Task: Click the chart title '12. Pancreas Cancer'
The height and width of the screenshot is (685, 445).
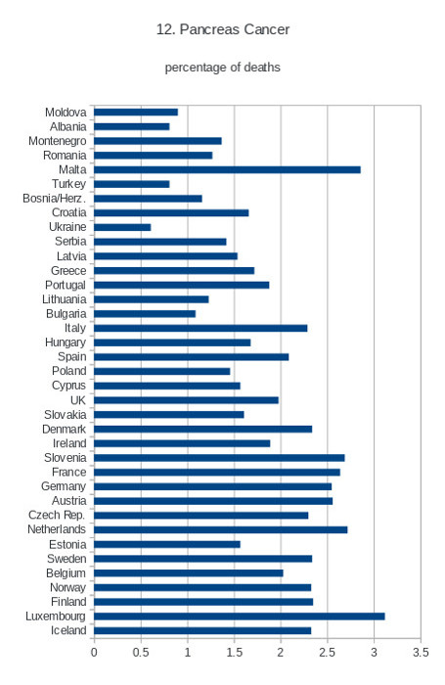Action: coord(223,29)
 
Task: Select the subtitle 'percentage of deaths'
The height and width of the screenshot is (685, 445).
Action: coord(223,68)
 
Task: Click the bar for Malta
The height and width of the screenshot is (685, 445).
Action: coord(227,170)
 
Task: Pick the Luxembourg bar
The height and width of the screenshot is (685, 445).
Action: coord(240,616)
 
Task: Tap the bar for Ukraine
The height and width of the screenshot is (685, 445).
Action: coord(122,228)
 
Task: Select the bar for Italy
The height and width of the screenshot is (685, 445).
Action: coord(200,328)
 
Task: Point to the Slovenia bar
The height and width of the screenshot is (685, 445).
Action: coord(219,458)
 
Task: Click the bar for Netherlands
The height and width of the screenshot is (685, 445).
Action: coord(220,530)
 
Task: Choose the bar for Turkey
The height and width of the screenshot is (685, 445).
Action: coord(131,184)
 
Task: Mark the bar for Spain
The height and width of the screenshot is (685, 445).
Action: coord(192,357)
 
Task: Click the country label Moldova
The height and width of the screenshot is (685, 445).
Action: coord(66,113)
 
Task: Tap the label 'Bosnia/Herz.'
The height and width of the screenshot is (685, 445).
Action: coord(54,199)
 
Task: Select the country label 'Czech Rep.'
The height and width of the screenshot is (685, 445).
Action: coord(57,515)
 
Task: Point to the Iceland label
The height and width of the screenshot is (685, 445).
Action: coord(68,630)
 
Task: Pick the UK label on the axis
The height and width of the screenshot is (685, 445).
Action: coord(78,400)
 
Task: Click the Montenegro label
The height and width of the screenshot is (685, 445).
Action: coord(57,141)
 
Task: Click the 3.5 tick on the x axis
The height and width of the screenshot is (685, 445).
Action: coord(421,653)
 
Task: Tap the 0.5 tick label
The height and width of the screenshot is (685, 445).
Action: coord(141,653)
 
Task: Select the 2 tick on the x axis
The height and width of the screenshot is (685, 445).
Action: coord(281,653)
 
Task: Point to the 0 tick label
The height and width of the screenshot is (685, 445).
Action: coord(94,653)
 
